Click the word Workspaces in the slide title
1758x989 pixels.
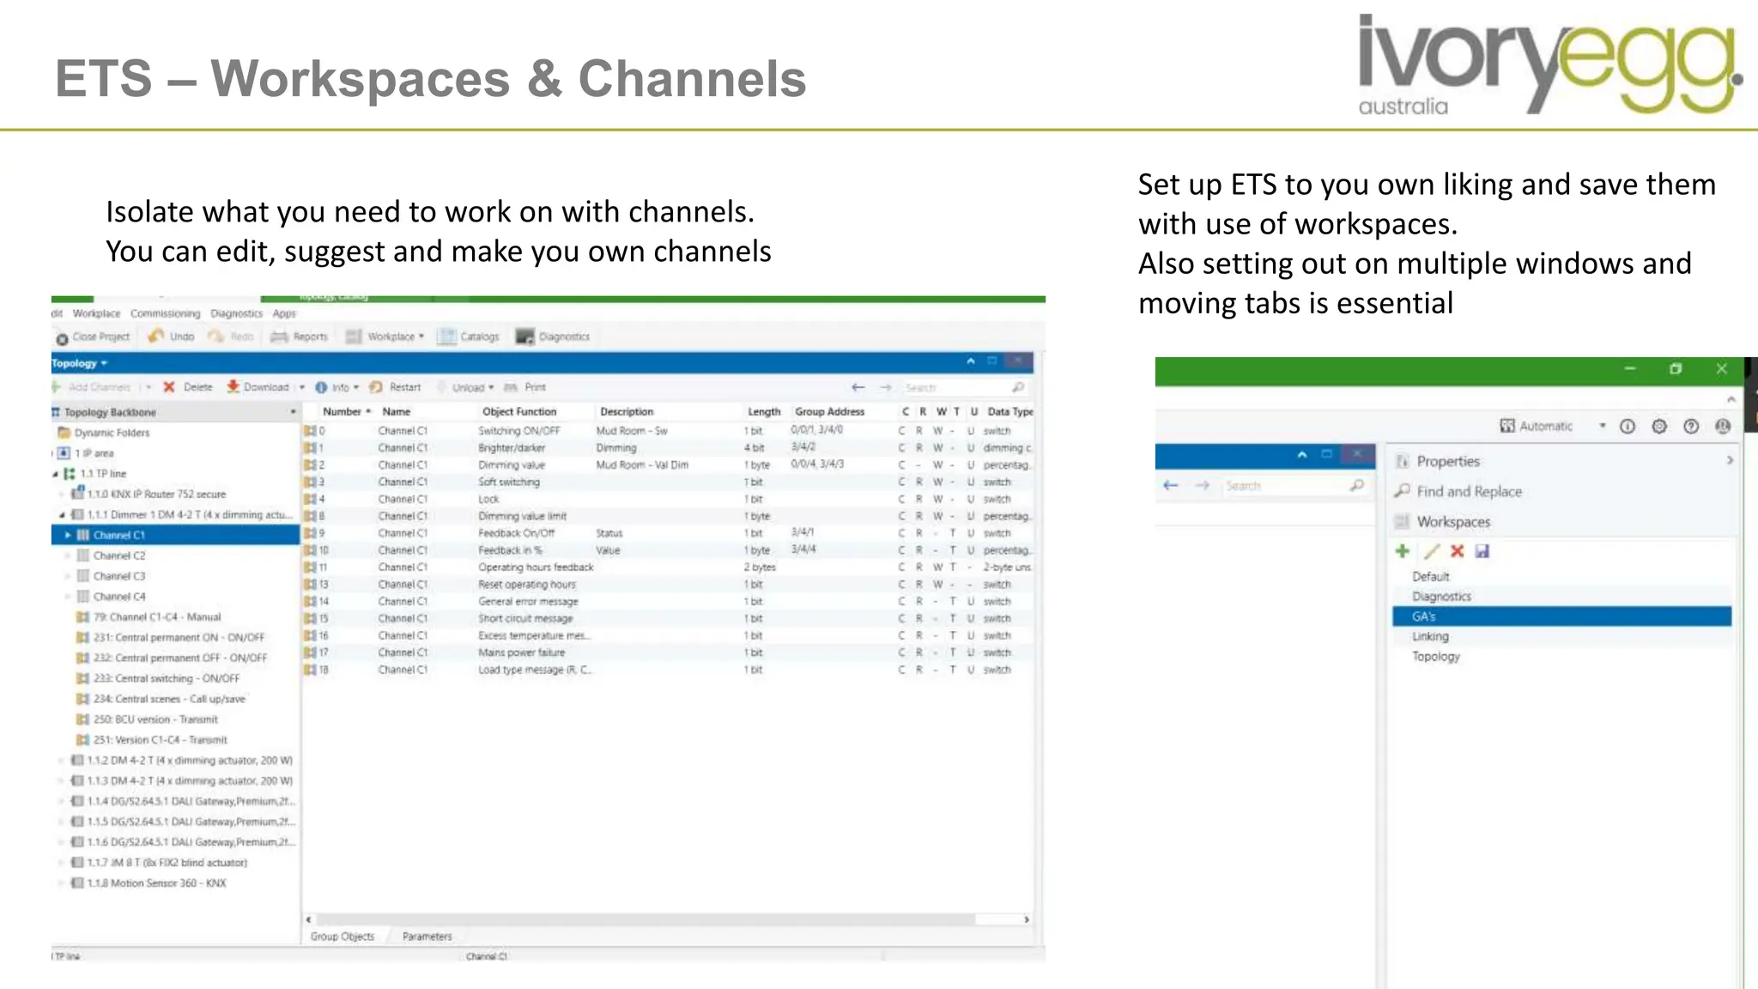coord(361,79)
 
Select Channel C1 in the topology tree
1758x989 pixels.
coord(119,535)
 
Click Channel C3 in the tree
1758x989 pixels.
coord(119,576)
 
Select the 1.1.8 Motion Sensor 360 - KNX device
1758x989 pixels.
coord(156,883)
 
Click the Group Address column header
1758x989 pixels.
coord(829,412)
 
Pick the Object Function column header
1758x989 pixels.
coord(519,412)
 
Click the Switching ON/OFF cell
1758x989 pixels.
coord(518,431)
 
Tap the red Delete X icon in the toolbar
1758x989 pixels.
coord(169,387)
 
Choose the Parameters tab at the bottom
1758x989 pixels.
coord(427,937)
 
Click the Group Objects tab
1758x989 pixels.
coord(343,937)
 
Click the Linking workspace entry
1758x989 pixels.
coord(1430,636)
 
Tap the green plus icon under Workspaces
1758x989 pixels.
coord(1403,551)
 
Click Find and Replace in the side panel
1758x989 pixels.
coord(1469,491)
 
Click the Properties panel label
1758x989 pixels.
coord(1448,461)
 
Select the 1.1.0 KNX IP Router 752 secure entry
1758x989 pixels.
coord(156,494)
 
